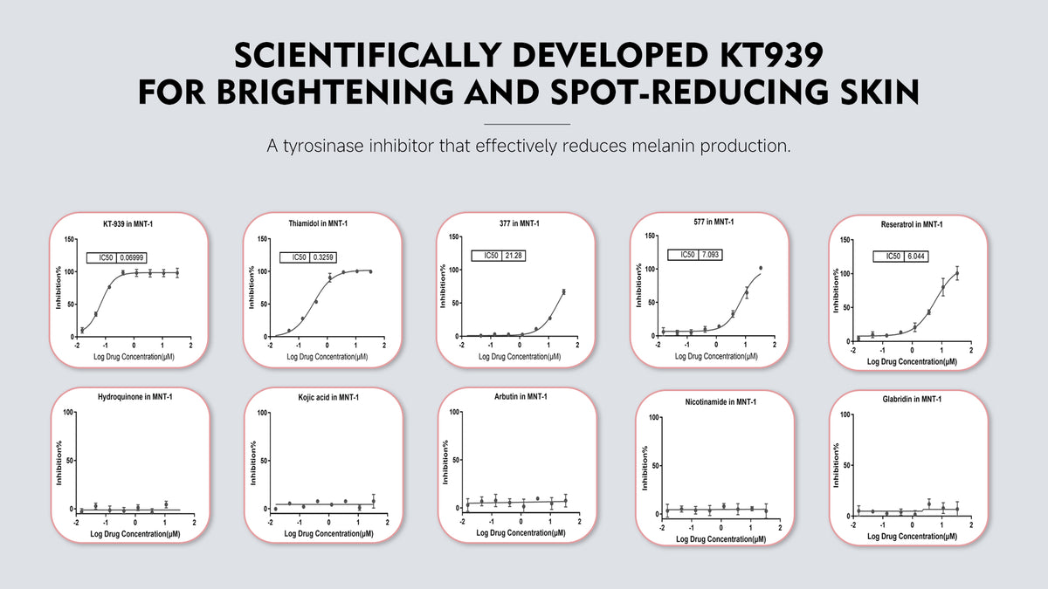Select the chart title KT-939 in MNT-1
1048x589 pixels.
(129, 224)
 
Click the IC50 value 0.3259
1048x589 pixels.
(324, 257)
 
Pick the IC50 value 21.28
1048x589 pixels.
(514, 256)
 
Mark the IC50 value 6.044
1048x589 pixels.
(905, 257)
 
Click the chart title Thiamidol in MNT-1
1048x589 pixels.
(318, 224)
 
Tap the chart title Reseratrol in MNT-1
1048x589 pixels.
(912, 224)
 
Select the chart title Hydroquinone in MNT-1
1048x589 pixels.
(135, 398)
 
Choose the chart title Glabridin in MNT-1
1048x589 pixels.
(911, 399)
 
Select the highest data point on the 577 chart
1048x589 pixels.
(761, 268)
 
